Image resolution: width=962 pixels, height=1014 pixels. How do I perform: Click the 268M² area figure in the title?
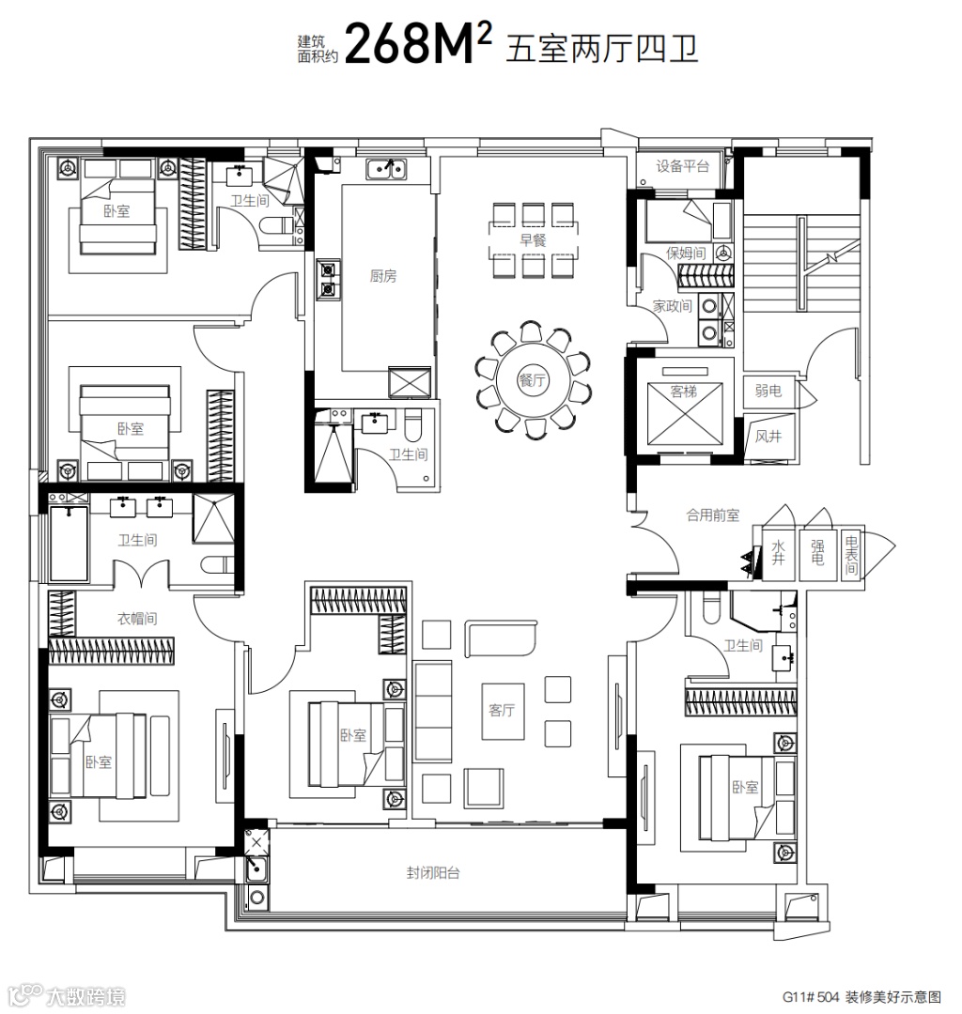(418, 42)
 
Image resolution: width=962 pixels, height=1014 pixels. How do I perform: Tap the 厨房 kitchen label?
(383, 276)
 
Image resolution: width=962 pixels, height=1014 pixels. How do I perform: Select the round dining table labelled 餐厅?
(533, 380)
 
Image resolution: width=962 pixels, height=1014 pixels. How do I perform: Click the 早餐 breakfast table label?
(533, 240)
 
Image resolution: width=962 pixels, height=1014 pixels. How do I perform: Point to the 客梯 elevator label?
(684, 392)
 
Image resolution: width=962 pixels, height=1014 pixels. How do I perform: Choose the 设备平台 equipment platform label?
(683, 166)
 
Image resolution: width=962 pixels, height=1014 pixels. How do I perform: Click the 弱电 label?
(768, 391)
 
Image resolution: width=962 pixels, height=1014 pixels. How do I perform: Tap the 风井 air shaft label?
(768, 437)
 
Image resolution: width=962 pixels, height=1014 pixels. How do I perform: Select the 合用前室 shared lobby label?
(712, 515)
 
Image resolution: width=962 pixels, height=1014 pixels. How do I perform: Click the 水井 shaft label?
(778, 553)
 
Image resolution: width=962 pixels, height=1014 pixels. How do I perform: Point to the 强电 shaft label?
(817, 553)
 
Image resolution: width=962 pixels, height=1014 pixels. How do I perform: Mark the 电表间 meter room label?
(851, 556)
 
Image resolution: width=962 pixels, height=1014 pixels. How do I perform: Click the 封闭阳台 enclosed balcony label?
(433, 873)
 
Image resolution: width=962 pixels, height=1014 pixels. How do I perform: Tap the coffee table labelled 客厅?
(502, 711)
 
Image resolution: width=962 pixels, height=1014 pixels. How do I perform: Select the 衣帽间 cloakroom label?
(137, 619)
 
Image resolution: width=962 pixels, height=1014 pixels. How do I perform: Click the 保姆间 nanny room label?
(686, 253)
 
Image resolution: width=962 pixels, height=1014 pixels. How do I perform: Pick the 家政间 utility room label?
(672, 306)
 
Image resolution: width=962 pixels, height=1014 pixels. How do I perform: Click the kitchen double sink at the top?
(386, 169)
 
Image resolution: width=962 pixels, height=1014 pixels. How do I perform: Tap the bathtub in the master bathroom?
(69, 544)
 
